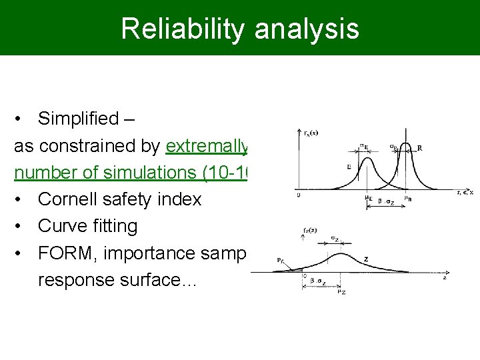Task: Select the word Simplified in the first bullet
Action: [x=77, y=119]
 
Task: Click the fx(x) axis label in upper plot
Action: [x=310, y=133]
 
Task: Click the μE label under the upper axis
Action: [x=368, y=198]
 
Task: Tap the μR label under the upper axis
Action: [x=399, y=198]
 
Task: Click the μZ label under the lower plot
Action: [x=341, y=291]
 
